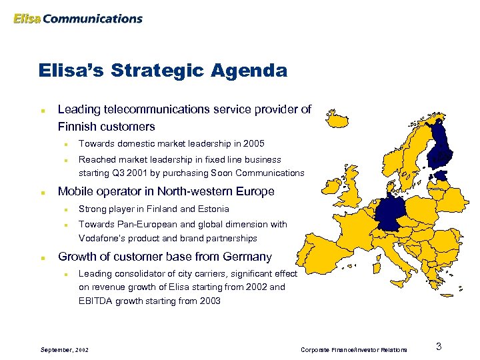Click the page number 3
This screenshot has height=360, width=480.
point(439,346)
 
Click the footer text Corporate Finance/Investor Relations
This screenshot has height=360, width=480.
point(353,349)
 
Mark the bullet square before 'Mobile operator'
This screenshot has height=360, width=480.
point(42,192)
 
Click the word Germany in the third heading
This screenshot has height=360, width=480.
point(247,257)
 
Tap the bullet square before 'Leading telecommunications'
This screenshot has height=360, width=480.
point(42,110)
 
